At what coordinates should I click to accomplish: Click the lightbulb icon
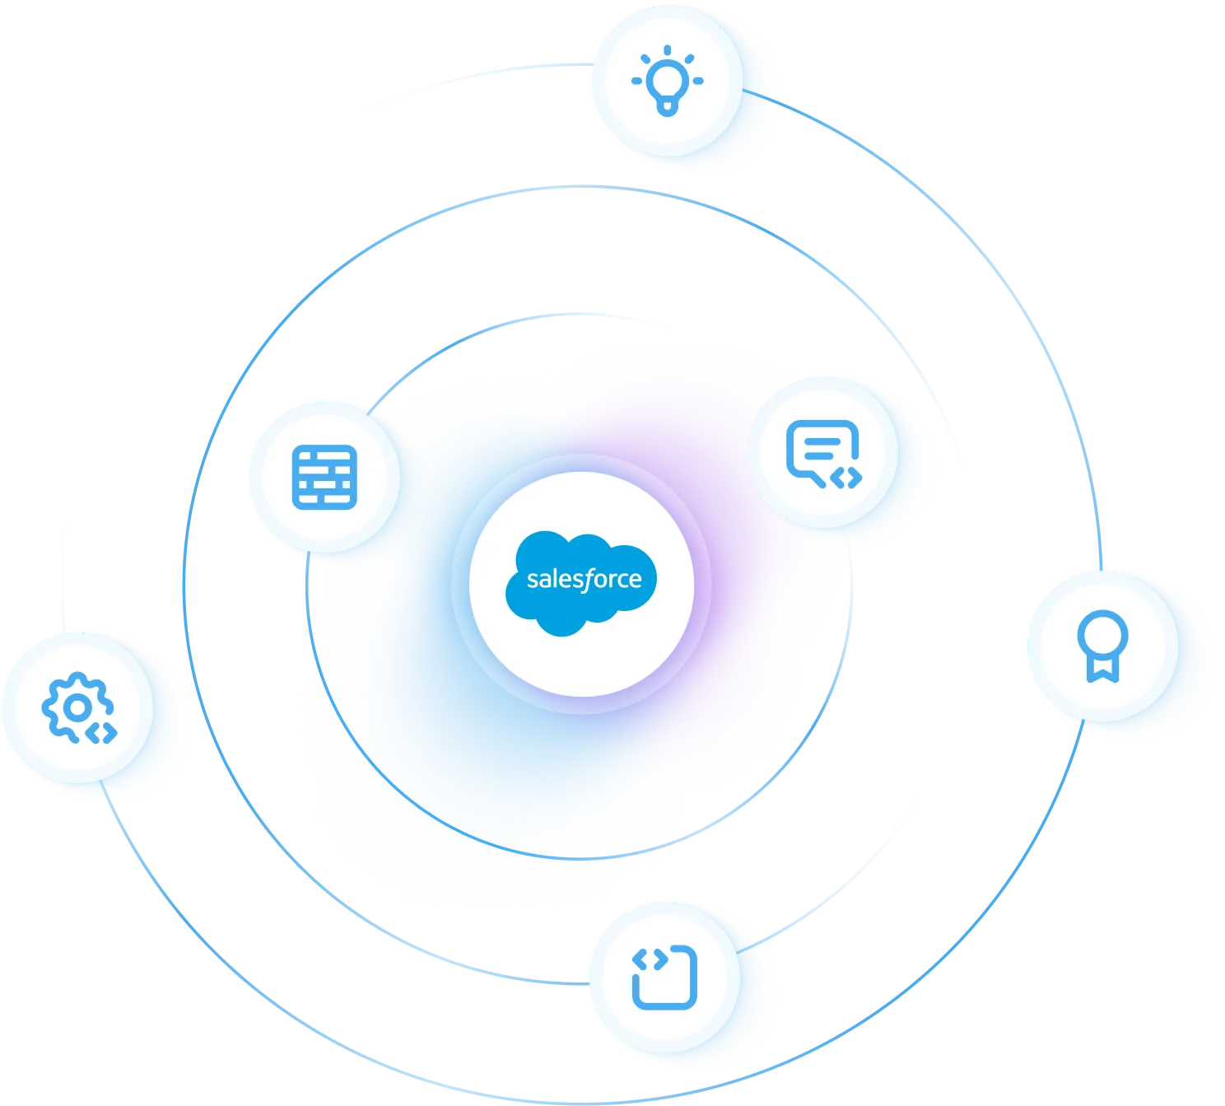667,80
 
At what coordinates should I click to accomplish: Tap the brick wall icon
324,477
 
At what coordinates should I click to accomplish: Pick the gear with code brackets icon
78,708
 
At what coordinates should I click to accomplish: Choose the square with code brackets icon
664,977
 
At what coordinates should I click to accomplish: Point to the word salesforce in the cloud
584,579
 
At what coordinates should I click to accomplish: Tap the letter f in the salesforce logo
586,580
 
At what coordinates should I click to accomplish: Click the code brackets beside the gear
103,732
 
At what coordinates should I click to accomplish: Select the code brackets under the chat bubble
846,477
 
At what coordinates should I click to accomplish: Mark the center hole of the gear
77,707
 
